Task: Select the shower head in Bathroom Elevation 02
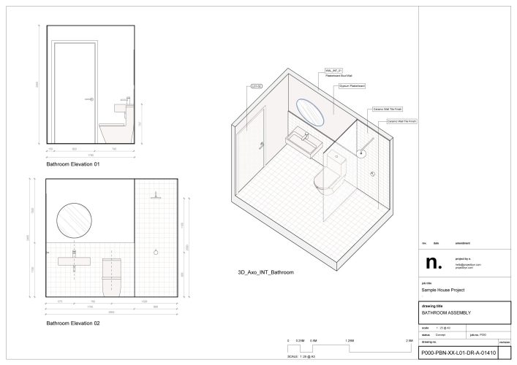click(156, 196)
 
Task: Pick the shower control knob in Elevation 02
click(156, 252)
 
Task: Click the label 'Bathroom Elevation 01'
click(73, 165)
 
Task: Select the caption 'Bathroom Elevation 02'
click(73, 323)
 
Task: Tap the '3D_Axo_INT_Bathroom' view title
click(265, 272)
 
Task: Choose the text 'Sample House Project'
click(443, 291)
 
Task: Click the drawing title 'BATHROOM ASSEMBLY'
click(446, 312)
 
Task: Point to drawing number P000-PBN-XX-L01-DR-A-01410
click(458, 353)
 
